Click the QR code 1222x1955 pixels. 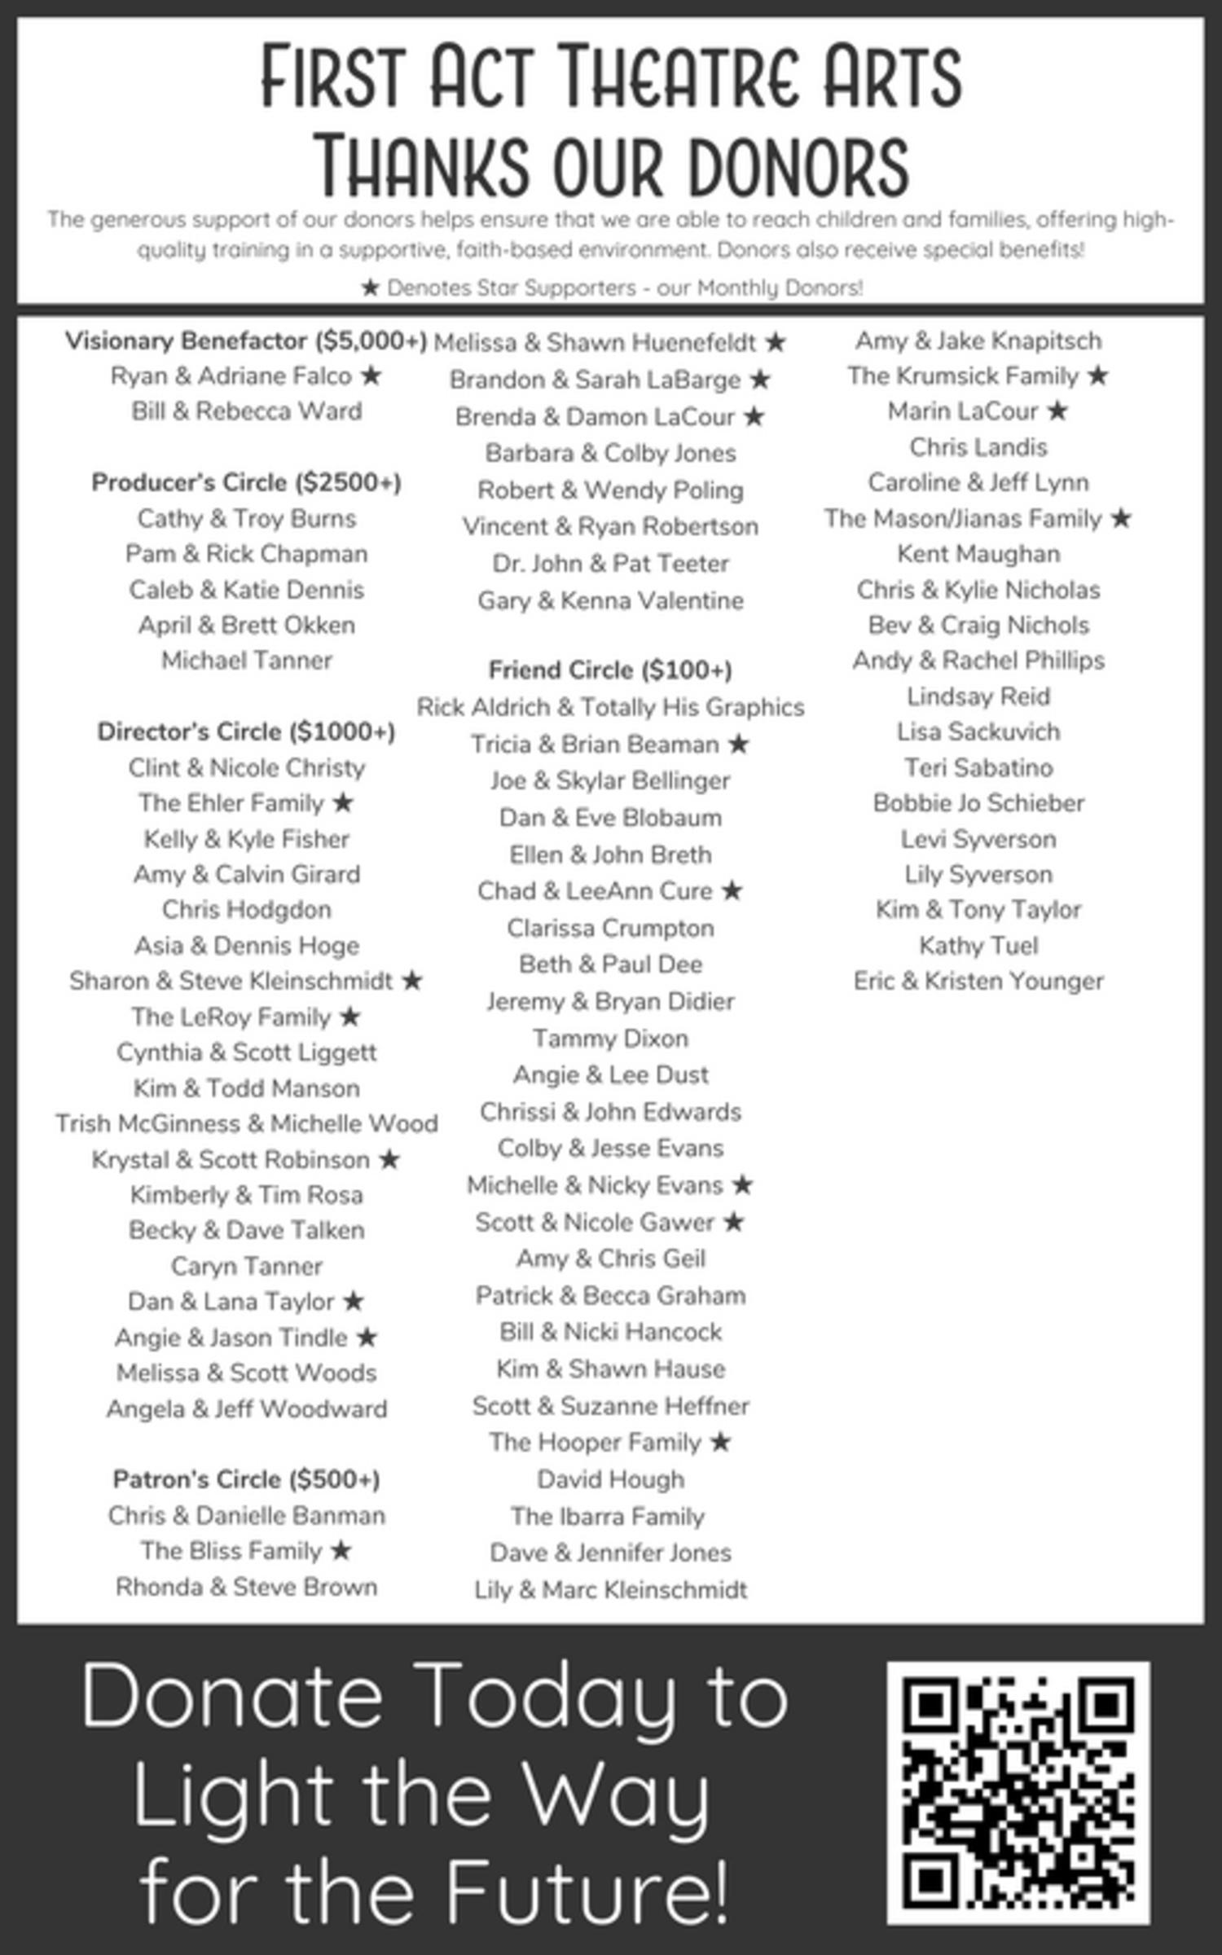pyautogui.click(x=1018, y=1793)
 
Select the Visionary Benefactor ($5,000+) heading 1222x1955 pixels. pyautogui.click(x=246, y=340)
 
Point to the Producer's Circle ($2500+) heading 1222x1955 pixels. pyautogui.click(x=246, y=482)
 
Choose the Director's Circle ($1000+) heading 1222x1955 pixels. pyautogui.click(x=246, y=731)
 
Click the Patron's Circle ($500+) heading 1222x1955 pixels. pyautogui.click(x=246, y=1478)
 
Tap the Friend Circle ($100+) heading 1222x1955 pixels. pyautogui.click(x=610, y=670)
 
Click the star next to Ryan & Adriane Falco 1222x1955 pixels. pyautogui.click(x=371, y=376)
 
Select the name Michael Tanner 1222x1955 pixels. pyautogui.click(x=246, y=660)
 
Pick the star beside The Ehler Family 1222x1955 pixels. pyautogui.click(x=344, y=802)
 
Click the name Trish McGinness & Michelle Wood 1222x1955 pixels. pyautogui.click(x=246, y=1123)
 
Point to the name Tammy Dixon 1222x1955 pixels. pyautogui.click(x=610, y=1038)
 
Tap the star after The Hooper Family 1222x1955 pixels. pyautogui.click(x=720, y=1442)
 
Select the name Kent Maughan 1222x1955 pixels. pyautogui.click(x=978, y=554)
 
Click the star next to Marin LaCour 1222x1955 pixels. pyautogui.click(x=1057, y=411)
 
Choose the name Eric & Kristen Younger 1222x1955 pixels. pyautogui.click(x=978, y=981)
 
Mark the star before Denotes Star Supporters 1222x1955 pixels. pyautogui.click(x=371, y=288)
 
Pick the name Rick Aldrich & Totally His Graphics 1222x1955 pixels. pyautogui.click(x=610, y=707)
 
